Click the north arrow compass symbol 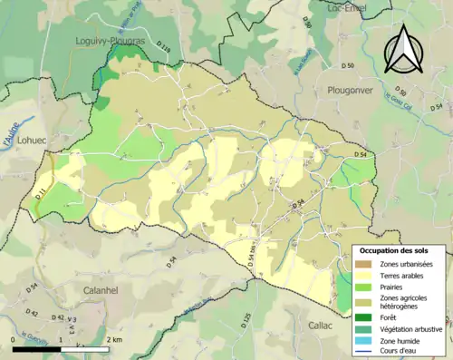(400, 49)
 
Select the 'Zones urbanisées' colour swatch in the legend (364, 264)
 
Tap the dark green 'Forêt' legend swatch (364, 318)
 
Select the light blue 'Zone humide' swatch (364, 340)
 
